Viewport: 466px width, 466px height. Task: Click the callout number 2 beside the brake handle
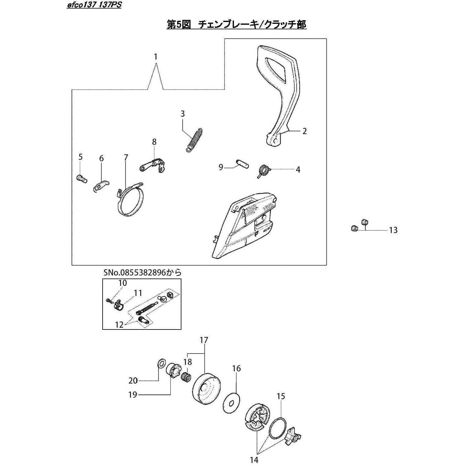(304, 131)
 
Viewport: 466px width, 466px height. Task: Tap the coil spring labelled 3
(194, 139)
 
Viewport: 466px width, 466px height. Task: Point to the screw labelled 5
(81, 178)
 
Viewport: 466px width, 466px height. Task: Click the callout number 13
(393, 230)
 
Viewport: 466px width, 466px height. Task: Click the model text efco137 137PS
(94, 5)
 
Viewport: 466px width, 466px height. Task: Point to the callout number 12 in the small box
(119, 325)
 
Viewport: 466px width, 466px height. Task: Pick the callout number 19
(133, 395)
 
